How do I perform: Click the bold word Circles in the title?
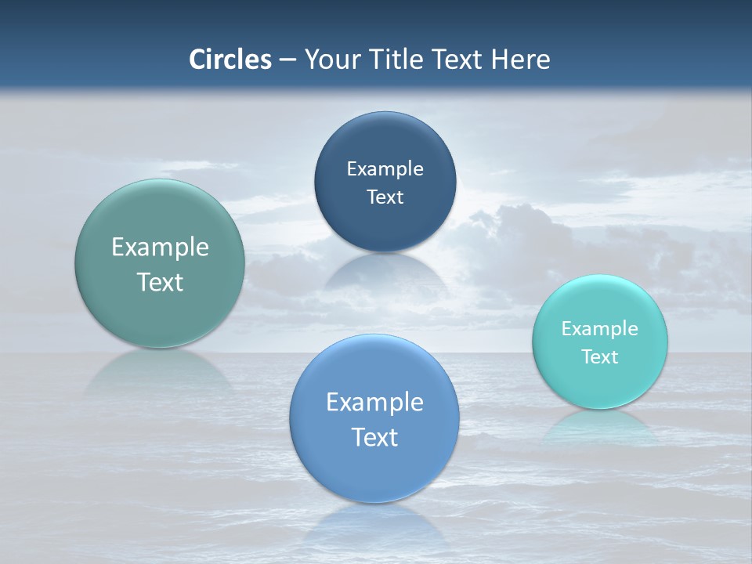230,60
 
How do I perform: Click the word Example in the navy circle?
385,169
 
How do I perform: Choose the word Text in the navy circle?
385,197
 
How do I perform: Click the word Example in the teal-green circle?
160,248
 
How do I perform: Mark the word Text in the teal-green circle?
160,282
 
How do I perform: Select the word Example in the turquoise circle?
600,329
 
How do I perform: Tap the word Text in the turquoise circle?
600,357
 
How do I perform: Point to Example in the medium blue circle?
374,403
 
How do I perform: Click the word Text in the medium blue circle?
374,437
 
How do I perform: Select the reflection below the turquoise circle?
600,428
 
